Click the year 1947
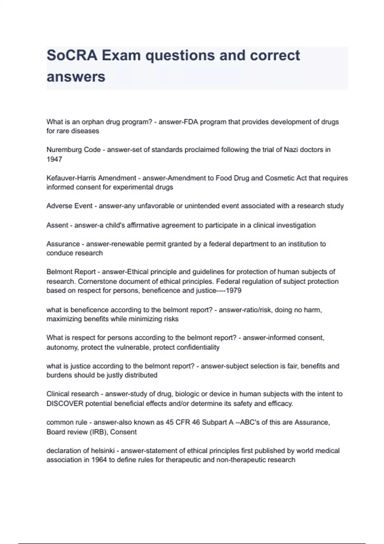tap(54, 159)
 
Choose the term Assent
tap(57, 225)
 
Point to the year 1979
tap(233, 291)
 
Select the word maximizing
tap(64, 319)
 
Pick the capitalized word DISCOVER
tap(65, 404)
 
